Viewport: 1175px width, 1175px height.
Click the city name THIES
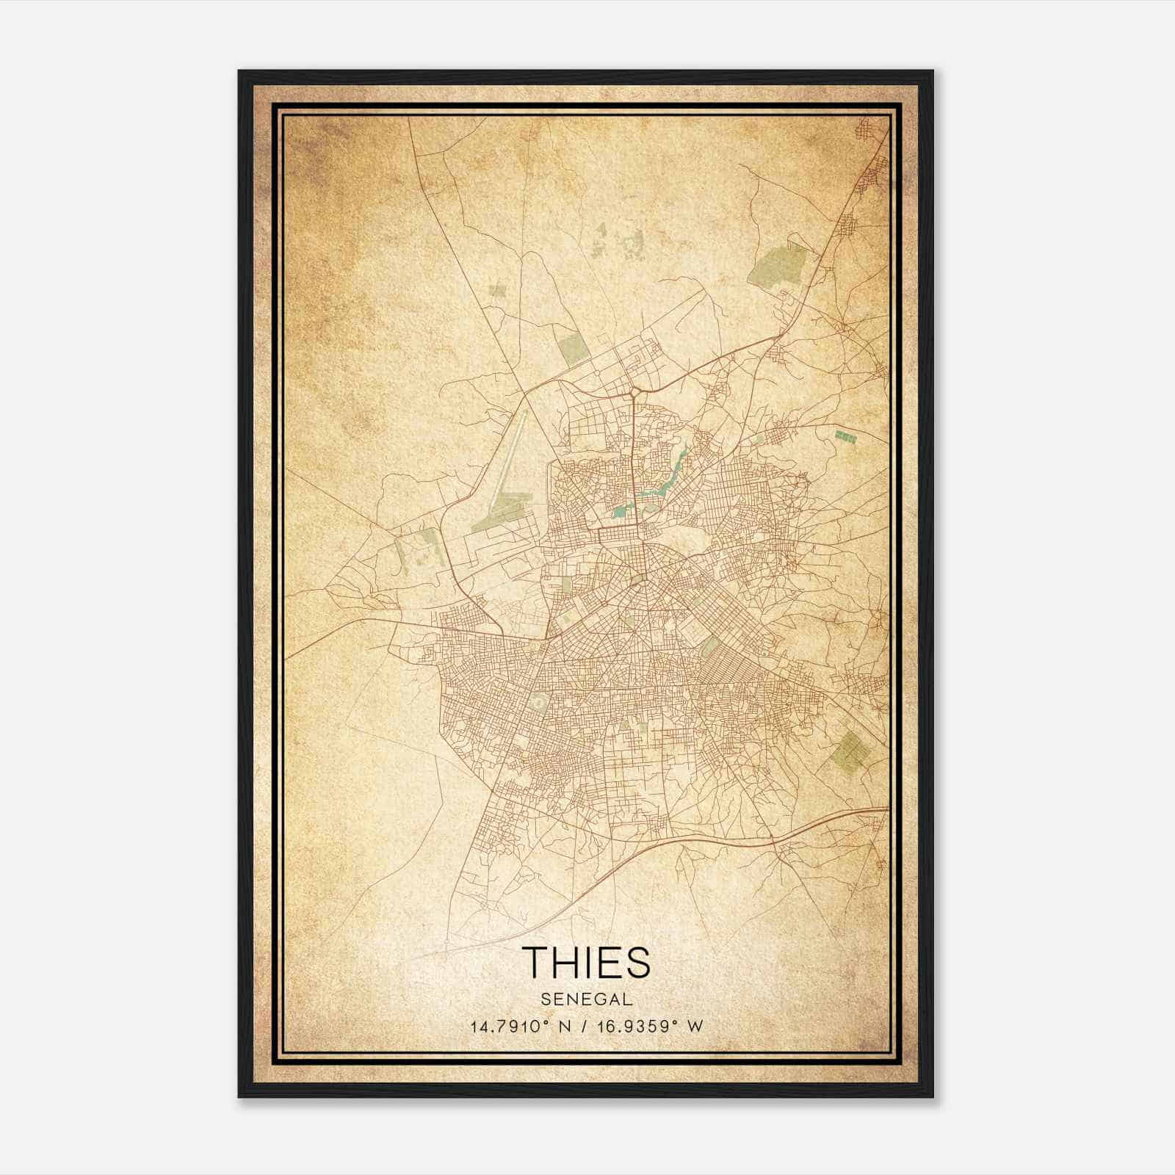pyautogui.click(x=587, y=962)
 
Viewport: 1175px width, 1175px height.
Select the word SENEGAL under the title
pyautogui.click(x=587, y=999)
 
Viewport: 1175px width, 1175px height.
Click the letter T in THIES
pyautogui.click(x=534, y=962)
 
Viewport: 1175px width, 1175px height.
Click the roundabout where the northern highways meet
pyautogui.click(x=632, y=394)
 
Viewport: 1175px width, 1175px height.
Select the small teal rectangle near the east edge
pyautogui.click(x=845, y=436)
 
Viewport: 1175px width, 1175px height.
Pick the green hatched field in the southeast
pyautogui.click(x=850, y=751)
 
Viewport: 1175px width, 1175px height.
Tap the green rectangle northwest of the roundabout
pyautogui.click(x=573, y=347)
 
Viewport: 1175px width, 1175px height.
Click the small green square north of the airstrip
pyautogui.click(x=497, y=290)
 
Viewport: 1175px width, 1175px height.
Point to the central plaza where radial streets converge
pyautogui.click(x=637, y=580)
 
